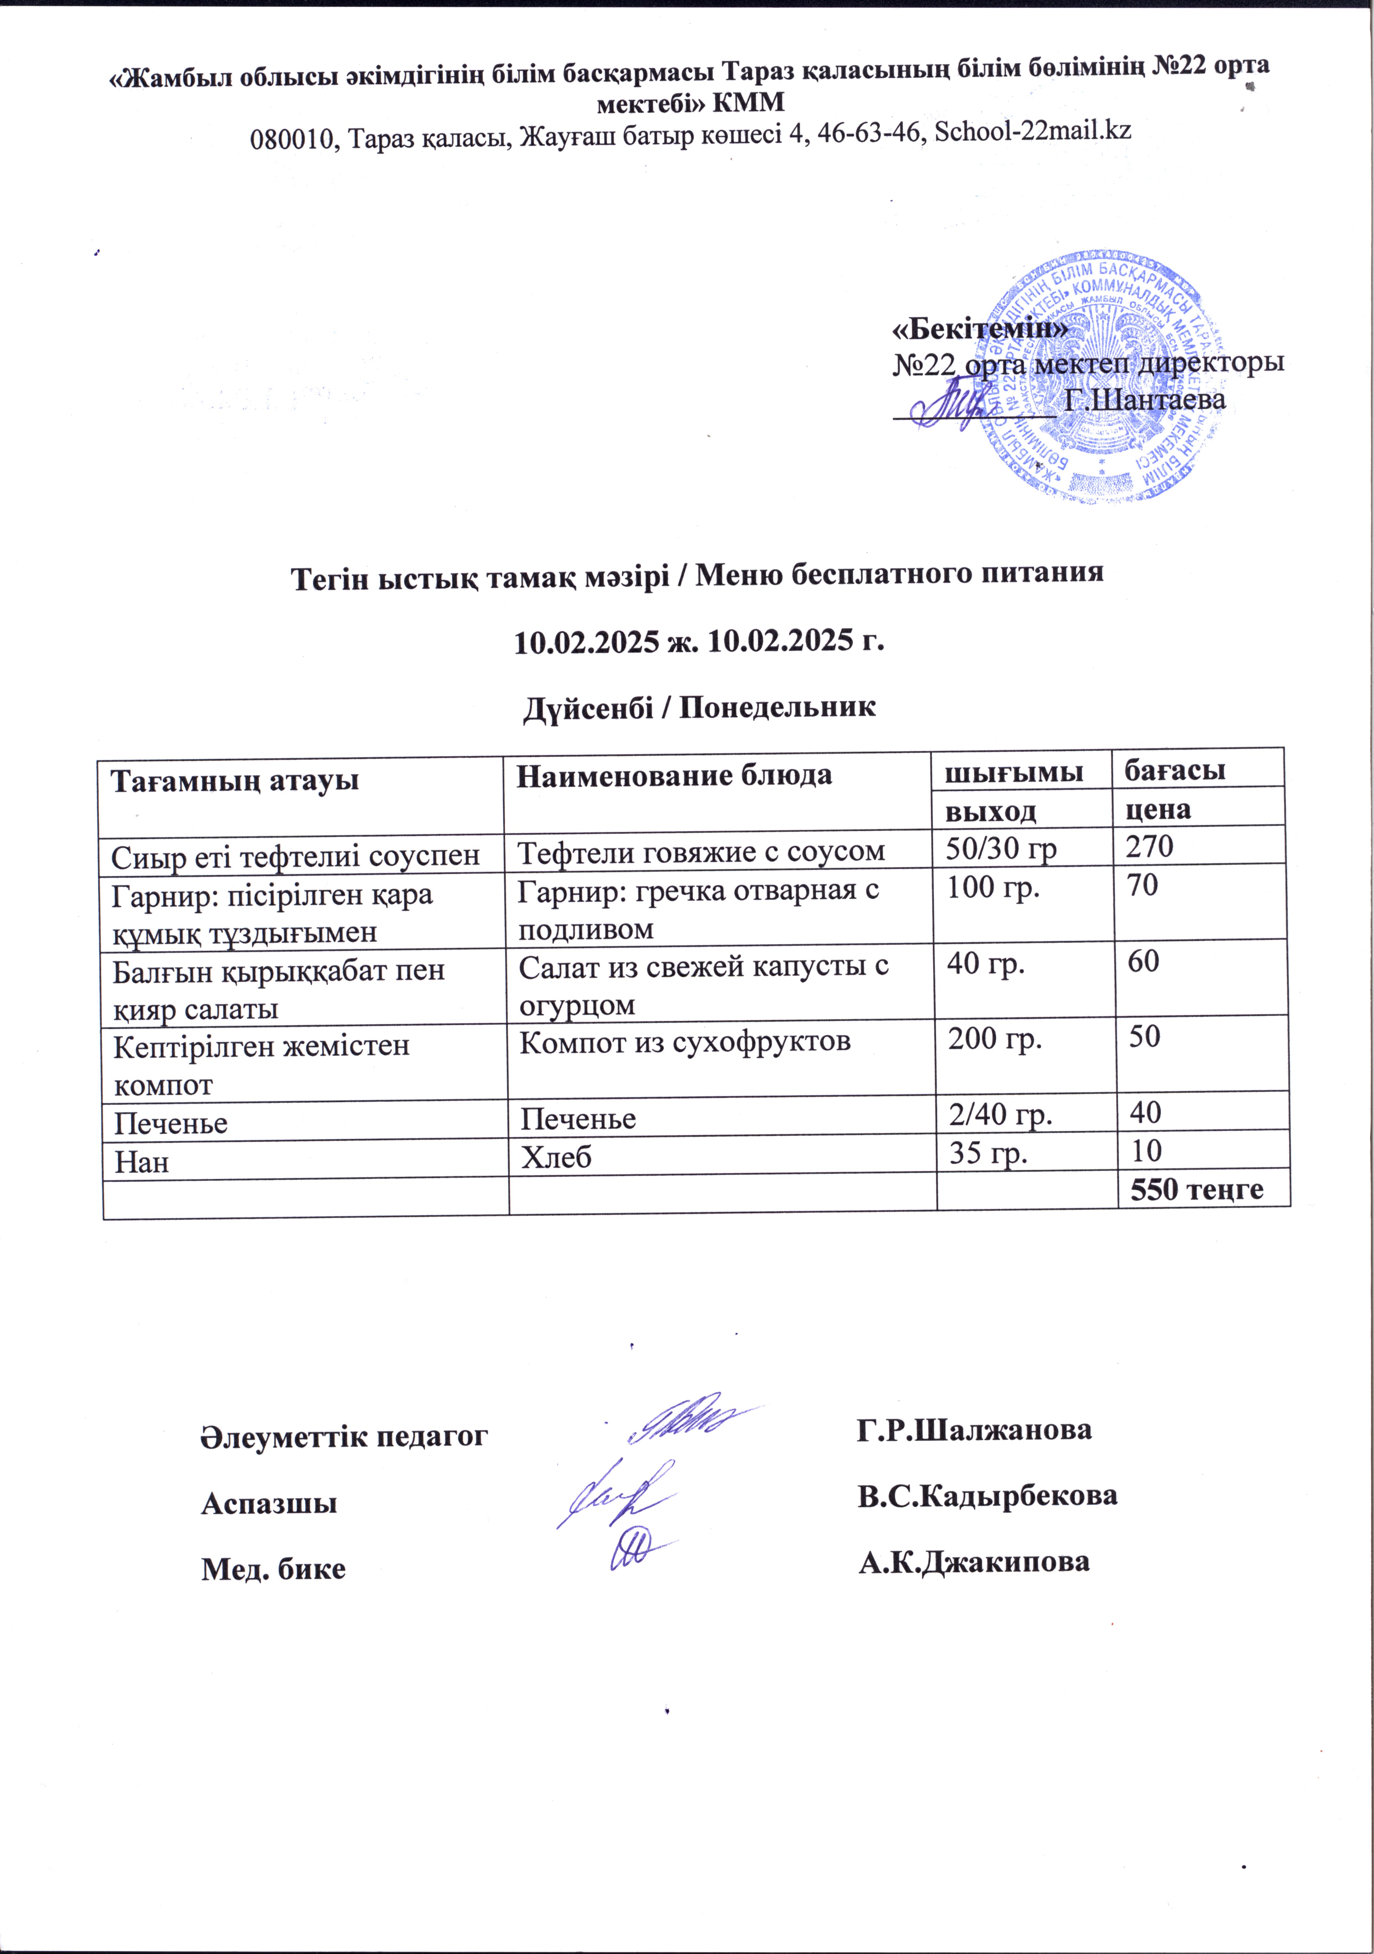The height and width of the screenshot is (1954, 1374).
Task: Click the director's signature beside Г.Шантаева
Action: click(954, 407)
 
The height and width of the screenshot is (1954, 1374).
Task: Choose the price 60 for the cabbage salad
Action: click(1143, 962)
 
